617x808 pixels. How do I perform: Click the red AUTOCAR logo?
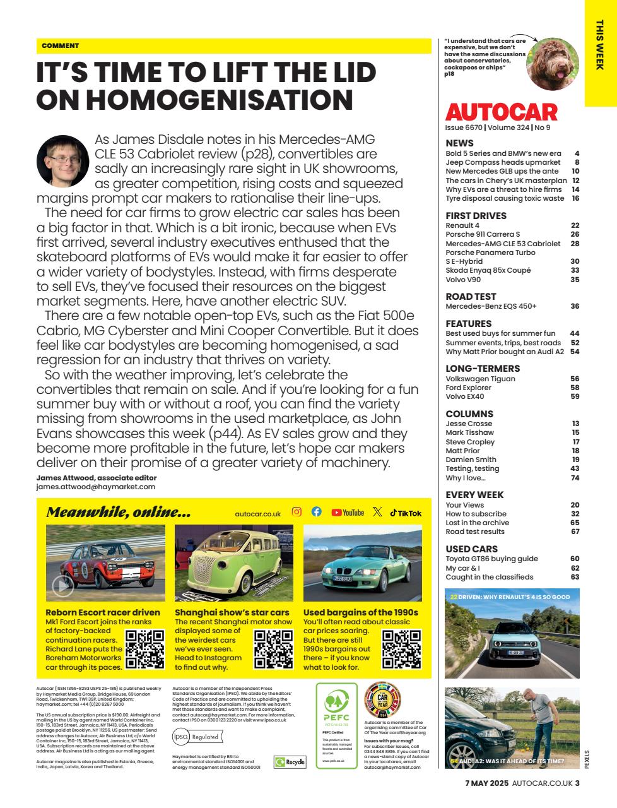[502, 112]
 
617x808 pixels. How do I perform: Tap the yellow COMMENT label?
[61, 45]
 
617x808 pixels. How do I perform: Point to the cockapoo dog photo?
[553, 63]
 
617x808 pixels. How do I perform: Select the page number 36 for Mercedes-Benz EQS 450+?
[574, 306]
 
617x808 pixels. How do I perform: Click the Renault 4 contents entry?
[462, 225]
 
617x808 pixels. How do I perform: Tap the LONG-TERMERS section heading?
[483, 369]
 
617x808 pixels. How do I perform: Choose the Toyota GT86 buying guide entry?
[491, 559]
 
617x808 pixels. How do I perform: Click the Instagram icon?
[297, 512]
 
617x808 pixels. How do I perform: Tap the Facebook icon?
[317, 512]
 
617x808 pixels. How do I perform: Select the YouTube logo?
[348, 513]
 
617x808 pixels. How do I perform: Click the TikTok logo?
[406, 513]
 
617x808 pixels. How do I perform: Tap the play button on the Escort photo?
[62, 586]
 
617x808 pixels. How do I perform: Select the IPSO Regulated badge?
[197, 736]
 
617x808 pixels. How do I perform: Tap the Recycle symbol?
[290, 762]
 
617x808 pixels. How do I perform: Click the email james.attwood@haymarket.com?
[95, 487]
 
